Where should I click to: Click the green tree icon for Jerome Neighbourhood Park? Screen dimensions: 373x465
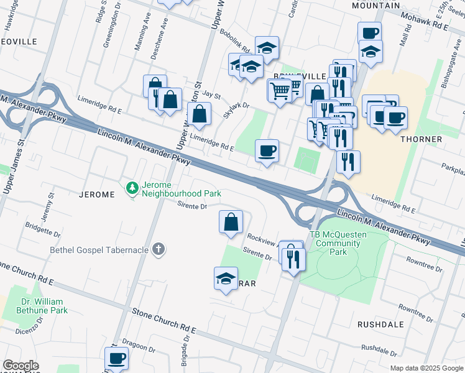tap(132, 187)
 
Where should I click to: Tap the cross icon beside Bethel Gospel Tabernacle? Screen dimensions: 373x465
tap(159, 250)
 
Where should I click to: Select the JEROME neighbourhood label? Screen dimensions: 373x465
tap(97, 195)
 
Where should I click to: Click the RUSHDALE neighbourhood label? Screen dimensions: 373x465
tap(380, 325)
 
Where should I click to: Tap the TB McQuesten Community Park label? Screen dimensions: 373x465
tap(338, 243)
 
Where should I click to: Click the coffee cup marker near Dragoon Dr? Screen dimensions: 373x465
tap(116, 358)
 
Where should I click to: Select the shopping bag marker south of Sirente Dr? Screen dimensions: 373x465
tap(231, 222)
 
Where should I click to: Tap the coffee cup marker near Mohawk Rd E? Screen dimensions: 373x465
tap(369, 32)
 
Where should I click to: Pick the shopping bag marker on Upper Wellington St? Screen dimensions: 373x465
tap(199, 113)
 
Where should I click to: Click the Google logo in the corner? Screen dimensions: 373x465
tap(21, 366)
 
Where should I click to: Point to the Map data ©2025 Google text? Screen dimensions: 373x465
tap(426, 368)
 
